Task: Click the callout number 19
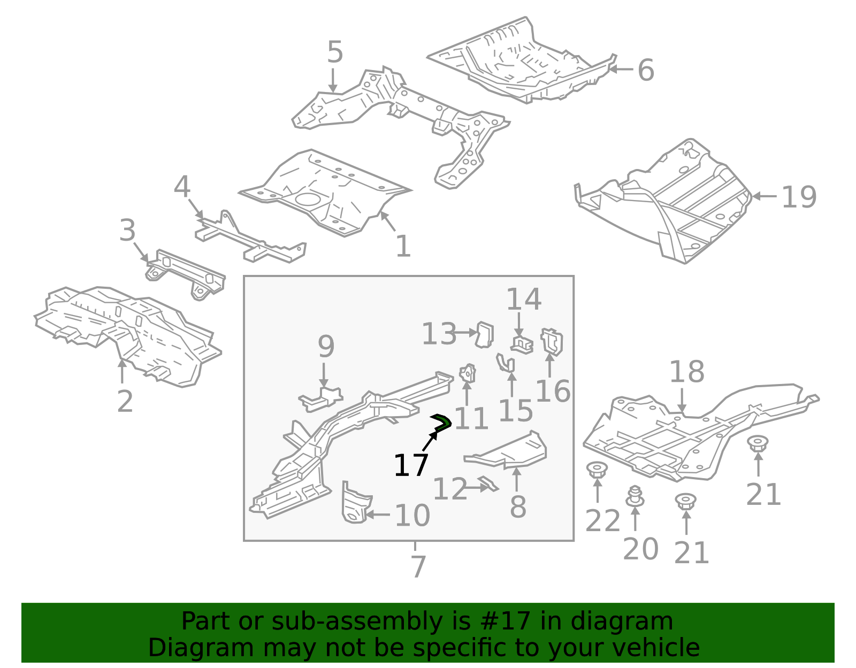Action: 799,197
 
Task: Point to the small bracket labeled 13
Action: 485,334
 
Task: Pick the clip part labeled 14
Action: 522,344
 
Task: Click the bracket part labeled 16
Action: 552,341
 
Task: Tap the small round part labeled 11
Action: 468,373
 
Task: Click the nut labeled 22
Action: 597,471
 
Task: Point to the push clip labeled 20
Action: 635,496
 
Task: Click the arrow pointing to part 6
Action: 621,68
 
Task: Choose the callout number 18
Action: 686,372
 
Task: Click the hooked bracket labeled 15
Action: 506,363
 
